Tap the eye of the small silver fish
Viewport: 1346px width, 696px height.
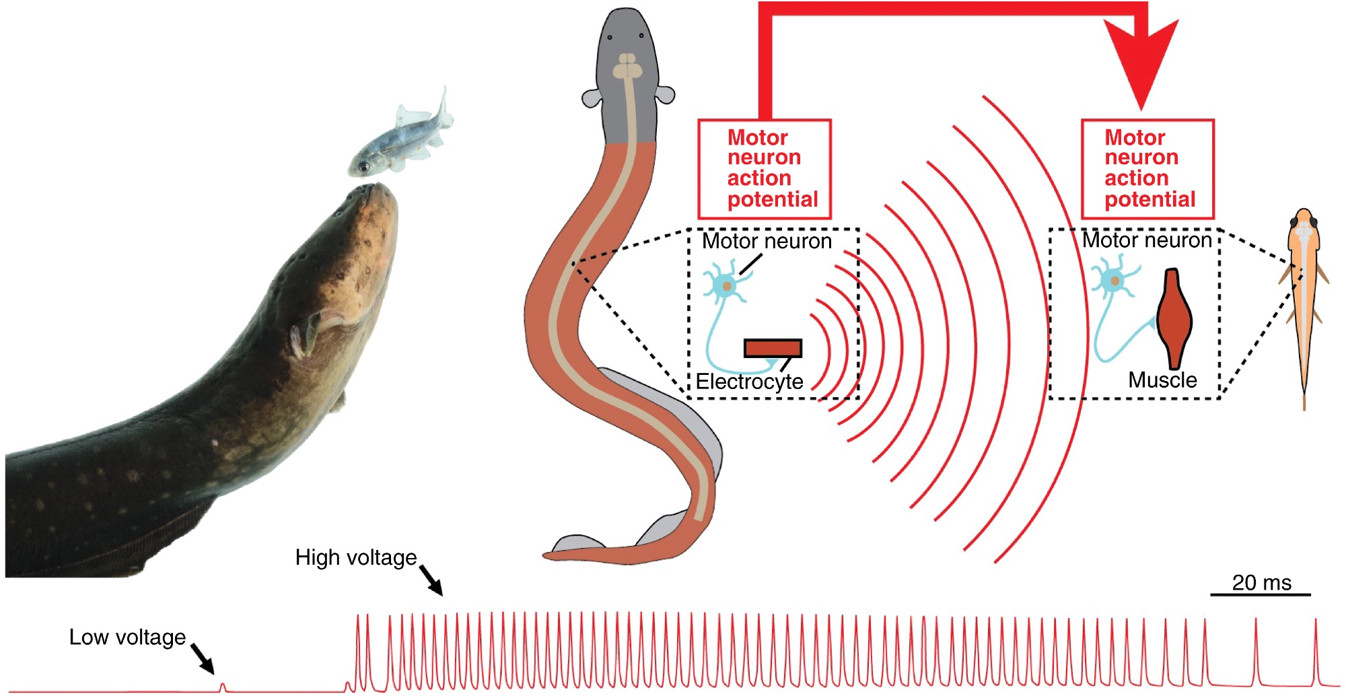click(x=363, y=166)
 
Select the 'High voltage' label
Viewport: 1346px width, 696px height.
click(x=356, y=558)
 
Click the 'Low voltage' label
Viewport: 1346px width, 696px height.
click(x=127, y=637)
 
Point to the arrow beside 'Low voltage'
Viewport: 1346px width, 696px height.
click(x=203, y=658)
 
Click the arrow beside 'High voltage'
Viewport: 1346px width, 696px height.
click(x=431, y=580)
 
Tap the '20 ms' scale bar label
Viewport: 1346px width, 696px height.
click(x=1261, y=583)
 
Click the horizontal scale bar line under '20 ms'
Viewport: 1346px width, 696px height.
click(x=1261, y=595)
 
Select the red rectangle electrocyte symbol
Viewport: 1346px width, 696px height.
click(x=773, y=348)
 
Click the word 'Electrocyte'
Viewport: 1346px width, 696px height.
click(x=749, y=382)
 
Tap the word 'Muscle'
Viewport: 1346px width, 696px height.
click(x=1162, y=380)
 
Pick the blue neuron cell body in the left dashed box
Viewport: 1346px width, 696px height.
click(x=726, y=286)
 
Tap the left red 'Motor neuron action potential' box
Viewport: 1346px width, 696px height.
click(x=765, y=169)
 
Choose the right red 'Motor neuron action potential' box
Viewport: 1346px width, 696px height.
click(x=1147, y=169)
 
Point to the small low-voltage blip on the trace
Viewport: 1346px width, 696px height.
click(x=223, y=687)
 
